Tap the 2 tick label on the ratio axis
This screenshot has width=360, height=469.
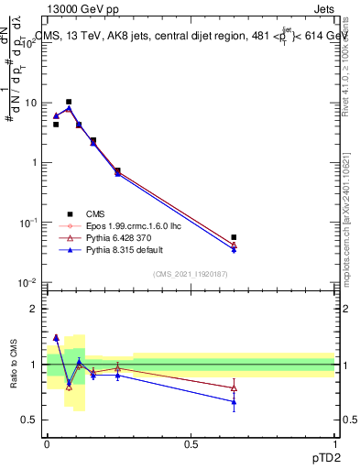[x=34, y=309]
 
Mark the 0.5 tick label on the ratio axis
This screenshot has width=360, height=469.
[x=29, y=420]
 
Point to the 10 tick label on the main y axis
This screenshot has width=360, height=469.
[x=29, y=103]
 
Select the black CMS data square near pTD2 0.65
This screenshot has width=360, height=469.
[x=234, y=237]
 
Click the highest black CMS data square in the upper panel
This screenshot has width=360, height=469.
[x=69, y=102]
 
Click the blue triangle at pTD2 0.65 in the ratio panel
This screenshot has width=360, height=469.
[x=234, y=401]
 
